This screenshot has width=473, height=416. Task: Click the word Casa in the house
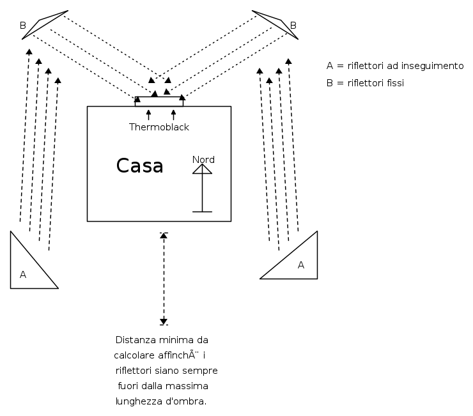[x=139, y=166]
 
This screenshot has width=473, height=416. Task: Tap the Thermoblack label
[x=159, y=127]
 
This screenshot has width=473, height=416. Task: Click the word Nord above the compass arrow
[x=203, y=160]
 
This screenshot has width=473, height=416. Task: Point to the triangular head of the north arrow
[x=202, y=169]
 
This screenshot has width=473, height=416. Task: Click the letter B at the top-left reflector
[x=23, y=26]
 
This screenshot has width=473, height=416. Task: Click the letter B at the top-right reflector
[x=293, y=26]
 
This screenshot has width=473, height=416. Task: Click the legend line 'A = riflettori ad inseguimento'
[x=394, y=66]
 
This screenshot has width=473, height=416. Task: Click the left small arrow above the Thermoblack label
[x=148, y=115]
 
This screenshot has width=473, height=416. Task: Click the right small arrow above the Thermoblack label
[x=173, y=115]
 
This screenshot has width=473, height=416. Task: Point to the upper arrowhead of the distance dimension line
[x=164, y=236]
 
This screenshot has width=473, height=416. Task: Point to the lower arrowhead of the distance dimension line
[x=164, y=321]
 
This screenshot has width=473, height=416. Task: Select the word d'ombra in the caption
[x=189, y=401]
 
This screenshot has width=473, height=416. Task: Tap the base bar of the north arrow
[x=202, y=212]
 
